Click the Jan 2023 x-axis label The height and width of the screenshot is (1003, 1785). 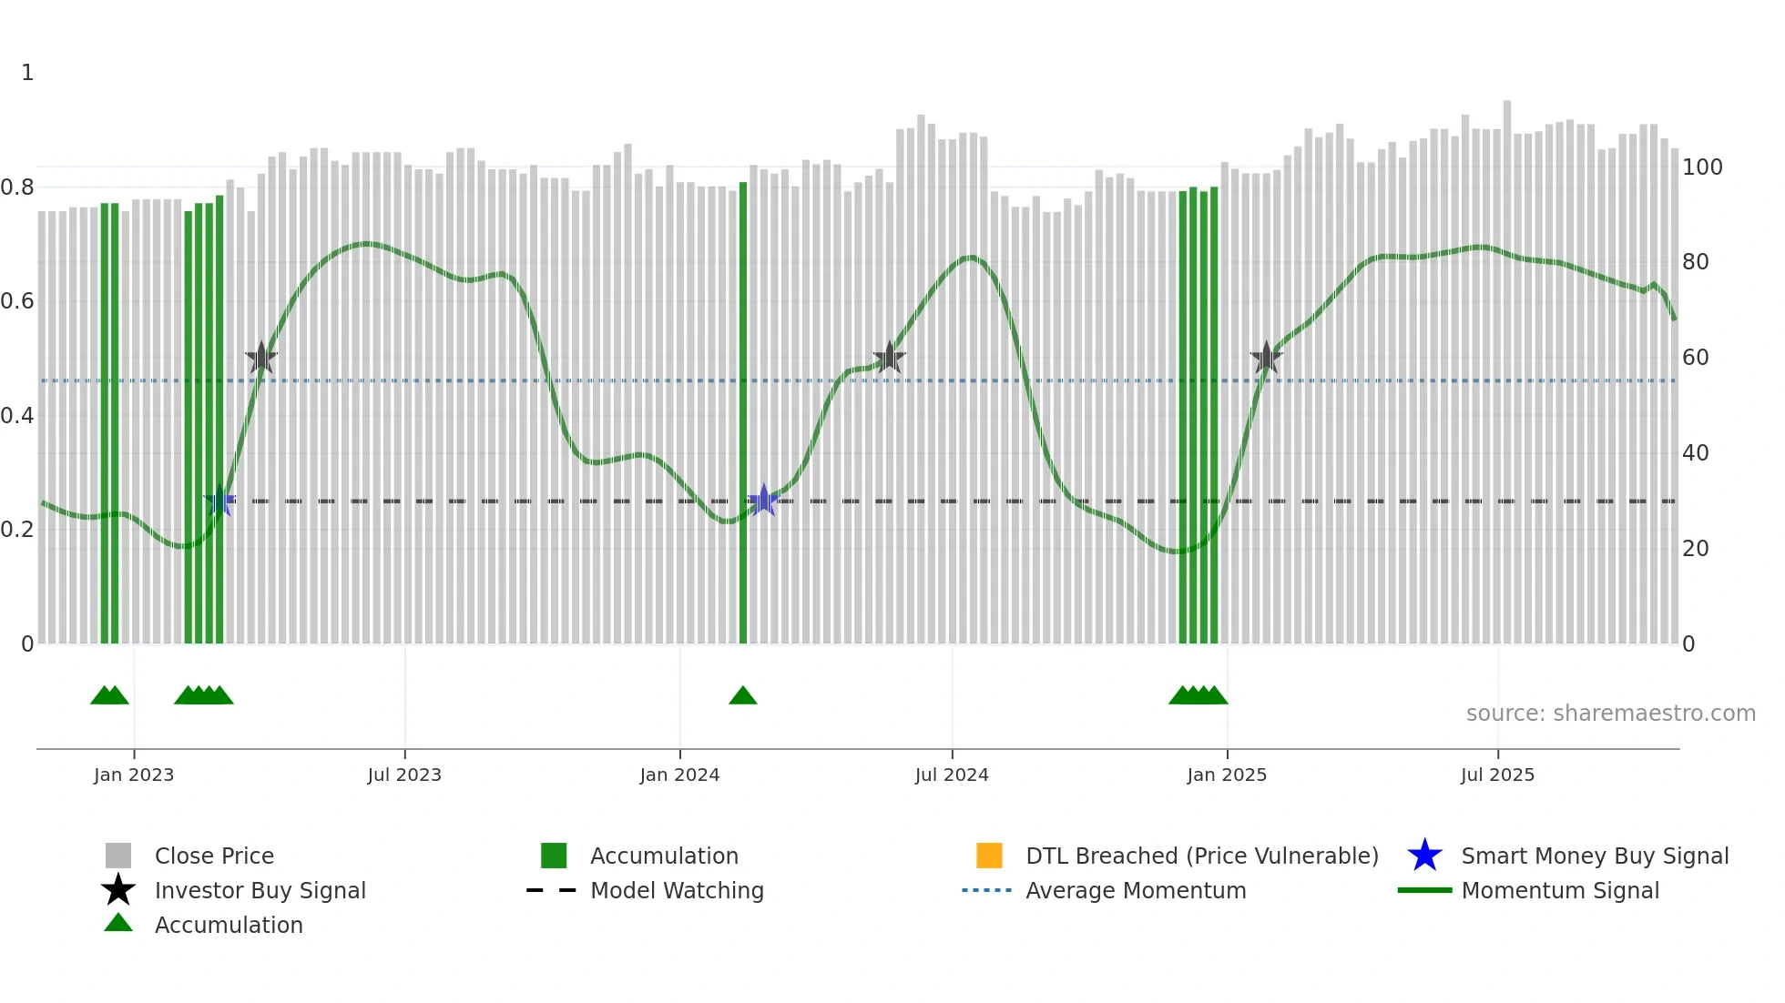134,775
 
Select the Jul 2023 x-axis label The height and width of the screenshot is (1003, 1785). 404,775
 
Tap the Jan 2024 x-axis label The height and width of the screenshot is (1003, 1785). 679,775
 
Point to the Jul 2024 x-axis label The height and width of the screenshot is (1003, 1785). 952,775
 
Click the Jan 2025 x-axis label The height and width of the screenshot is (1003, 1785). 1227,775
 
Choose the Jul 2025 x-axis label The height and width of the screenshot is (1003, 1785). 1497,775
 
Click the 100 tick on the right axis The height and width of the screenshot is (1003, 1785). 1702,167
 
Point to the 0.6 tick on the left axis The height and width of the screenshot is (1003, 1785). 17,301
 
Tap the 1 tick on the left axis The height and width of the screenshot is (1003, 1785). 27,73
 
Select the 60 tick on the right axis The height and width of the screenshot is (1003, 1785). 1695,358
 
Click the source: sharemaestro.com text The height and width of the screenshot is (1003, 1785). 1610,714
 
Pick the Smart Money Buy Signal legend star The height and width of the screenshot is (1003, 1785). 1424,856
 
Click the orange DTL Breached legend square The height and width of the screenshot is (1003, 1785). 989,856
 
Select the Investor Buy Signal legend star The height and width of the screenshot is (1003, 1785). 118,890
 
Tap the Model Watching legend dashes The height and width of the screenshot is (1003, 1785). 552,890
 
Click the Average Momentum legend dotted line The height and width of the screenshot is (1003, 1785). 987,890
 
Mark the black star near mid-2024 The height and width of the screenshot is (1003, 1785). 889,358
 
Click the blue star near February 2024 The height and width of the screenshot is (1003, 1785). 763,501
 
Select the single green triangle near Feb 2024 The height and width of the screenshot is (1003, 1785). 743,696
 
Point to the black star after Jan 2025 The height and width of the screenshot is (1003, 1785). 1266,358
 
